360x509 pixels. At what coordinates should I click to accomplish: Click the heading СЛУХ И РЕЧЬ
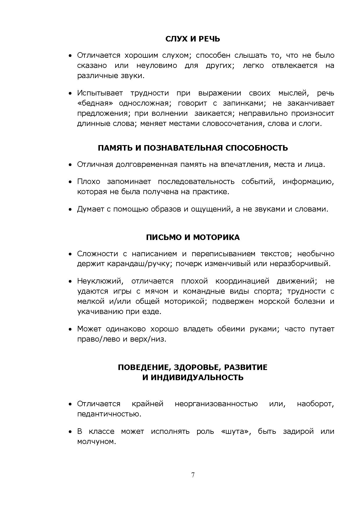pyautogui.click(x=192, y=39)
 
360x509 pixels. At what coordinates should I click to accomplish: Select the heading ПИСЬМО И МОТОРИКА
pyautogui.click(x=193, y=237)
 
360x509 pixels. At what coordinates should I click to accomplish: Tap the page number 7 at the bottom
pyautogui.click(x=193, y=475)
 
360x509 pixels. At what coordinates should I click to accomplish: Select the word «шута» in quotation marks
pyautogui.click(x=235, y=432)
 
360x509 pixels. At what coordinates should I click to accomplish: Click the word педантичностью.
pyautogui.click(x=109, y=414)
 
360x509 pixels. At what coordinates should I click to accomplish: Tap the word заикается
pyautogui.click(x=213, y=113)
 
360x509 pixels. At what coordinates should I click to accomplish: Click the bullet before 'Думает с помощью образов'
pyautogui.click(x=70, y=210)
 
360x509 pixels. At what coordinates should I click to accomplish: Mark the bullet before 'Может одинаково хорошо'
pyautogui.click(x=70, y=329)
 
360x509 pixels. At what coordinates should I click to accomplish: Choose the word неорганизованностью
pyautogui.click(x=216, y=404)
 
